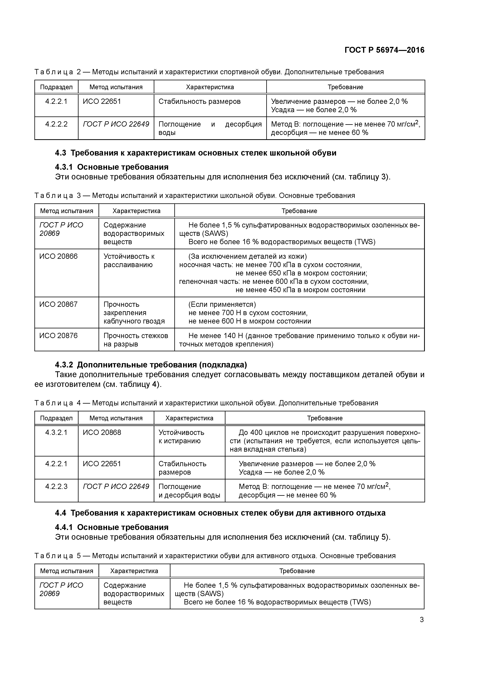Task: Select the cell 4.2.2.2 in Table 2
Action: [x=56, y=124]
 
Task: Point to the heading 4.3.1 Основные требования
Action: [x=112, y=167]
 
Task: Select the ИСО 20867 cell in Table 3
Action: [x=59, y=304]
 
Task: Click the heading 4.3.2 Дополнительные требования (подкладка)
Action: [x=151, y=365]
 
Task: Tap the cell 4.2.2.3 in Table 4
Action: [x=56, y=486]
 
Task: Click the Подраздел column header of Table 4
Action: [x=56, y=418]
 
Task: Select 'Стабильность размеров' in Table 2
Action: [x=199, y=102]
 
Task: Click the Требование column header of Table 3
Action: [x=299, y=211]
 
